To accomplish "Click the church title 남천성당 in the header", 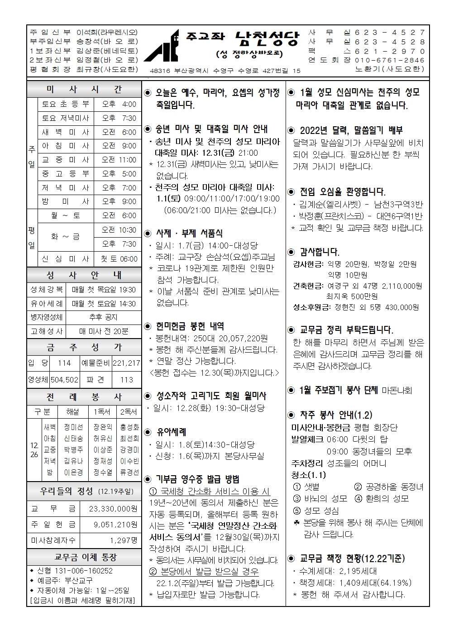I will tap(267, 39).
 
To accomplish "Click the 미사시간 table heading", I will tap(84, 90).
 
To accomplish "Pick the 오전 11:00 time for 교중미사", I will tap(119, 160).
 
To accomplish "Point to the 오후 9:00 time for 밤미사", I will tap(119, 201).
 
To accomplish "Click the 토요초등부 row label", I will tap(66, 104).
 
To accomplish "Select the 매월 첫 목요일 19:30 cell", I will tap(104, 290).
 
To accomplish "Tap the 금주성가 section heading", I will tap(84, 348).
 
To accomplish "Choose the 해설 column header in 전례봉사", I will tap(72, 411).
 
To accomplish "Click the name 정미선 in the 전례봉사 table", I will tap(73, 427).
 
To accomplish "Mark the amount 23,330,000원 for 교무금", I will tap(113, 509).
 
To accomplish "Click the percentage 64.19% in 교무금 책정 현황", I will tap(395, 583).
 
